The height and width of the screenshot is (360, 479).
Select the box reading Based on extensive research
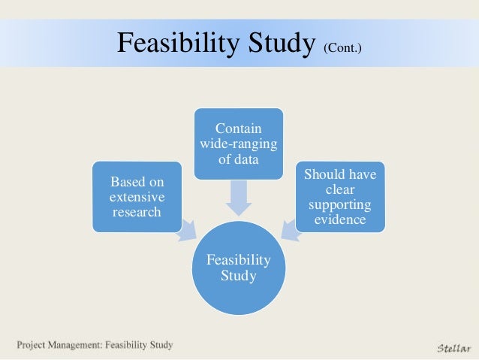point(137,196)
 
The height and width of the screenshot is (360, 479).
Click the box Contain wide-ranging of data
point(239,144)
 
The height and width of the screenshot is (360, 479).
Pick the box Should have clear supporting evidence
point(340,196)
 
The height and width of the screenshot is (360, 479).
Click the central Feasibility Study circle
point(239,268)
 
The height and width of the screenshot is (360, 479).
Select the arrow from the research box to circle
point(185,230)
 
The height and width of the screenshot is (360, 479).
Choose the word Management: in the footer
point(82,346)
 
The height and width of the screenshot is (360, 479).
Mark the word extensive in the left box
point(137,197)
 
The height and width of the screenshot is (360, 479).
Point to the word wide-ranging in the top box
point(239,144)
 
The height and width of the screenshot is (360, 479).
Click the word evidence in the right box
point(340,220)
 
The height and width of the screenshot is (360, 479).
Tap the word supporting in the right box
point(340,205)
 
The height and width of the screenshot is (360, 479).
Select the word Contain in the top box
point(239,129)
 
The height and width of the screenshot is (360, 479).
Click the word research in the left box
point(137,212)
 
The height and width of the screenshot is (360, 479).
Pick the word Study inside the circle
point(239,276)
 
